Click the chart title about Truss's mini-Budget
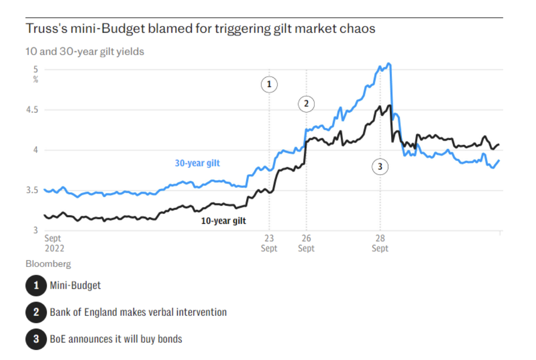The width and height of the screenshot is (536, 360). (x=201, y=29)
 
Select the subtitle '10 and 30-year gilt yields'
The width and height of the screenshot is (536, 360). (x=85, y=52)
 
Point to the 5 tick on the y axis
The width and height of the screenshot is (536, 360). (x=35, y=69)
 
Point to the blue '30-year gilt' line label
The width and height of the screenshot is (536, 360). (x=197, y=163)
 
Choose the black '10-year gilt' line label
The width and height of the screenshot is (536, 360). (x=223, y=221)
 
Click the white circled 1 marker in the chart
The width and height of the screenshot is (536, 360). (x=269, y=84)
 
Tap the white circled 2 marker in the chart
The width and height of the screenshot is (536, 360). (x=306, y=104)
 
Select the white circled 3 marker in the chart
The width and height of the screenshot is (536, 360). (x=380, y=167)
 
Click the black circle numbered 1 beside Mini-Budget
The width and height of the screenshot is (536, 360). (x=36, y=286)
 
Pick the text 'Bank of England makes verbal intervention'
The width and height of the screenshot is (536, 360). (x=138, y=312)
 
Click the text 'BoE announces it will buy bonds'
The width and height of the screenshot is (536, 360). (x=116, y=339)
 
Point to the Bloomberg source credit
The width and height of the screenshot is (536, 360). (x=48, y=264)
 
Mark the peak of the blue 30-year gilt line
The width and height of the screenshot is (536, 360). (x=388, y=64)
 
